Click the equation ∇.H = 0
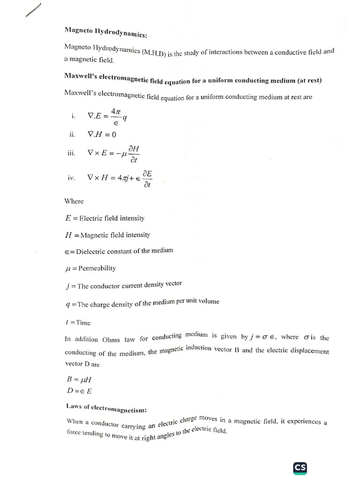(x=102, y=134)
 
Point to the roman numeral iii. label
(x=71, y=152)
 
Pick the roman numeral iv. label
(x=71, y=178)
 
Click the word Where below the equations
(x=74, y=201)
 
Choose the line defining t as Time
(x=78, y=322)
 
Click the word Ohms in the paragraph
(x=111, y=339)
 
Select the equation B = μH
(x=77, y=380)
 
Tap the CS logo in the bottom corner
(x=300, y=468)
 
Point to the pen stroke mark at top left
(x=34, y=10)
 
